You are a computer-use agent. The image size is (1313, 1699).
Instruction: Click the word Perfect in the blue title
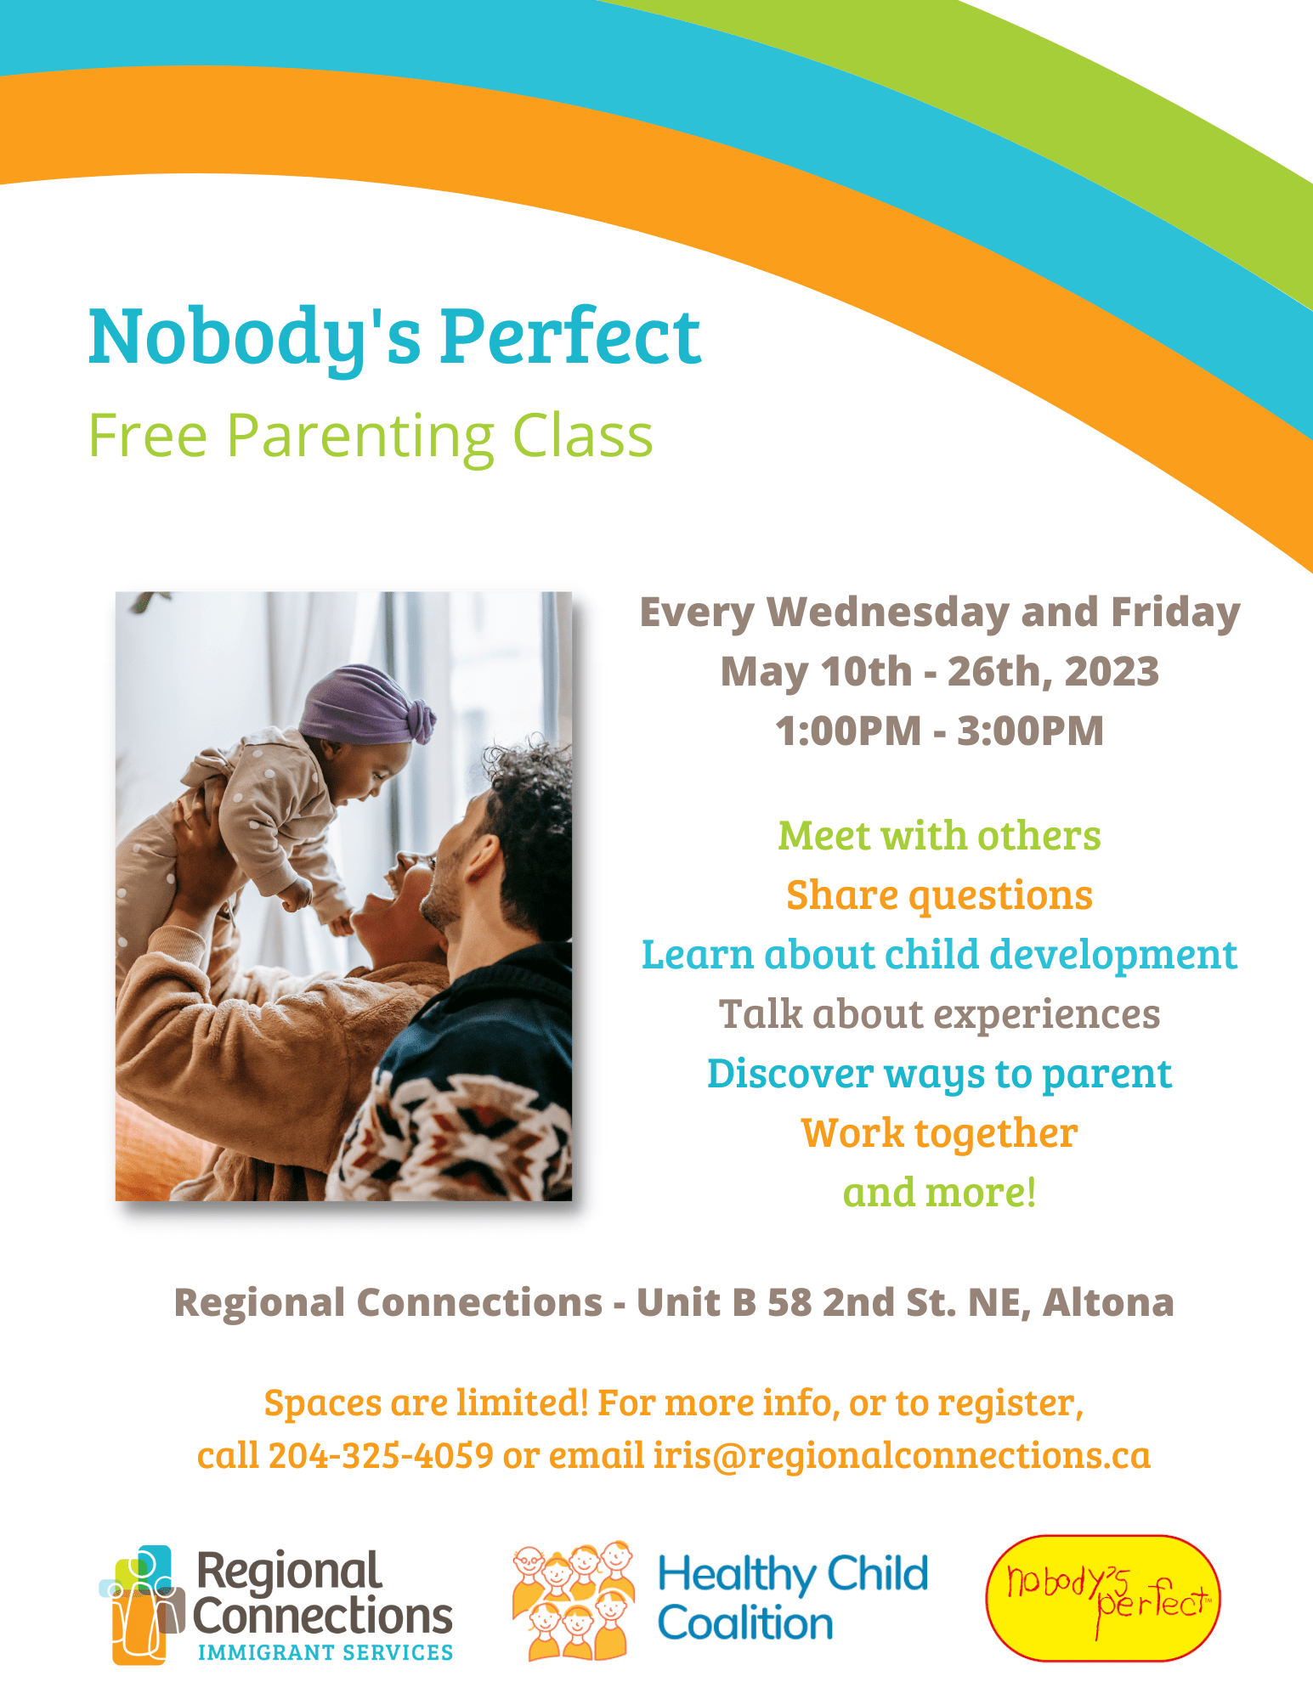pos(570,336)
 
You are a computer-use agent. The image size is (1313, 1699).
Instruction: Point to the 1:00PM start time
pos(848,731)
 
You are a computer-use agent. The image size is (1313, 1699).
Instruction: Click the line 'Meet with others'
pos(939,836)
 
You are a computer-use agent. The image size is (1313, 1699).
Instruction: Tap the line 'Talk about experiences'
pos(939,1015)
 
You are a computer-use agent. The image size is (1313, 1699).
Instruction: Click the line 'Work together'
pos(939,1134)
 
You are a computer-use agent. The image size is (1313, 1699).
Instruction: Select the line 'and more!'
pos(939,1193)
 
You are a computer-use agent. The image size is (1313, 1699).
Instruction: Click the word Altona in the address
pos(1108,1302)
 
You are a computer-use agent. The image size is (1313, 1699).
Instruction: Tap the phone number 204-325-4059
pos(381,1456)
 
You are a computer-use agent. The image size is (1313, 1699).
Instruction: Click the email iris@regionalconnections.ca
pos(902,1456)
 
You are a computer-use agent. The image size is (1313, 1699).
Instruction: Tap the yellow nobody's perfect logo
pos(1102,1598)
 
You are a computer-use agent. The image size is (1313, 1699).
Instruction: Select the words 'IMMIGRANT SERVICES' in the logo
pos(325,1652)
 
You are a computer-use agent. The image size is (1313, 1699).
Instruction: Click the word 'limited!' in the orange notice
pos(523,1403)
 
